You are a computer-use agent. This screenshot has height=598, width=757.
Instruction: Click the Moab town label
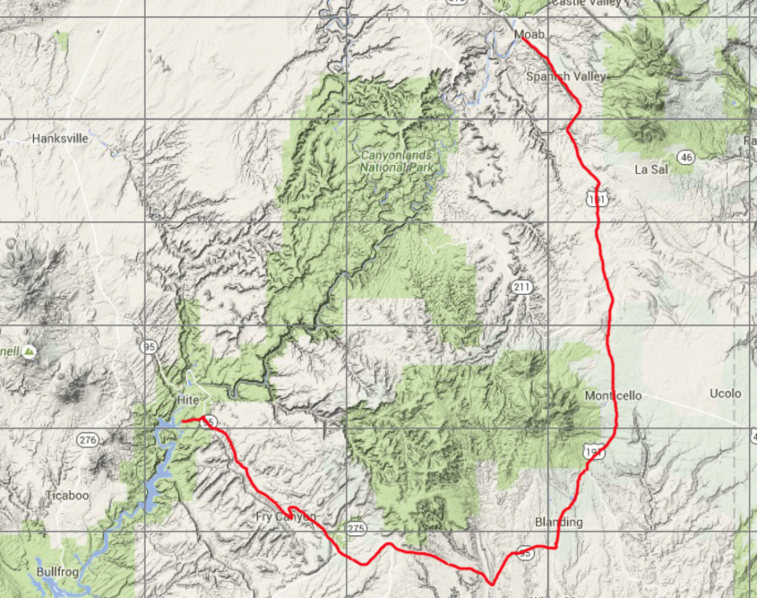(529, 35)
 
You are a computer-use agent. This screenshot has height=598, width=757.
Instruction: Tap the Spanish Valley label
(566, 76)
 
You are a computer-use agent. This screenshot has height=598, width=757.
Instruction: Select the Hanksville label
(60, 138)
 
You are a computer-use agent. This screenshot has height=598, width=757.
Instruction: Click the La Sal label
(651, 169)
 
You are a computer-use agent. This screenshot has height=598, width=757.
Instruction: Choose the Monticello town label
(614, 395)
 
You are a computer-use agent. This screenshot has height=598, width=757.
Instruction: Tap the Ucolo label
(725, 393)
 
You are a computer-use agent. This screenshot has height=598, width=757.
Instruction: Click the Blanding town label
(558, 522)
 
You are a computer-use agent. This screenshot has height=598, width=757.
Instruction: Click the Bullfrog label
(57, 572)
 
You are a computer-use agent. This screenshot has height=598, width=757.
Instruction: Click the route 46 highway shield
(687, 157)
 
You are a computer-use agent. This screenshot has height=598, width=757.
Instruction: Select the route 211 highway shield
(521, 286)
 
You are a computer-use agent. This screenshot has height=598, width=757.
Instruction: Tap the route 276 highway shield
(87, 441)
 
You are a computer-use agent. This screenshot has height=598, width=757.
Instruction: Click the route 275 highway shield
(356, 528)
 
